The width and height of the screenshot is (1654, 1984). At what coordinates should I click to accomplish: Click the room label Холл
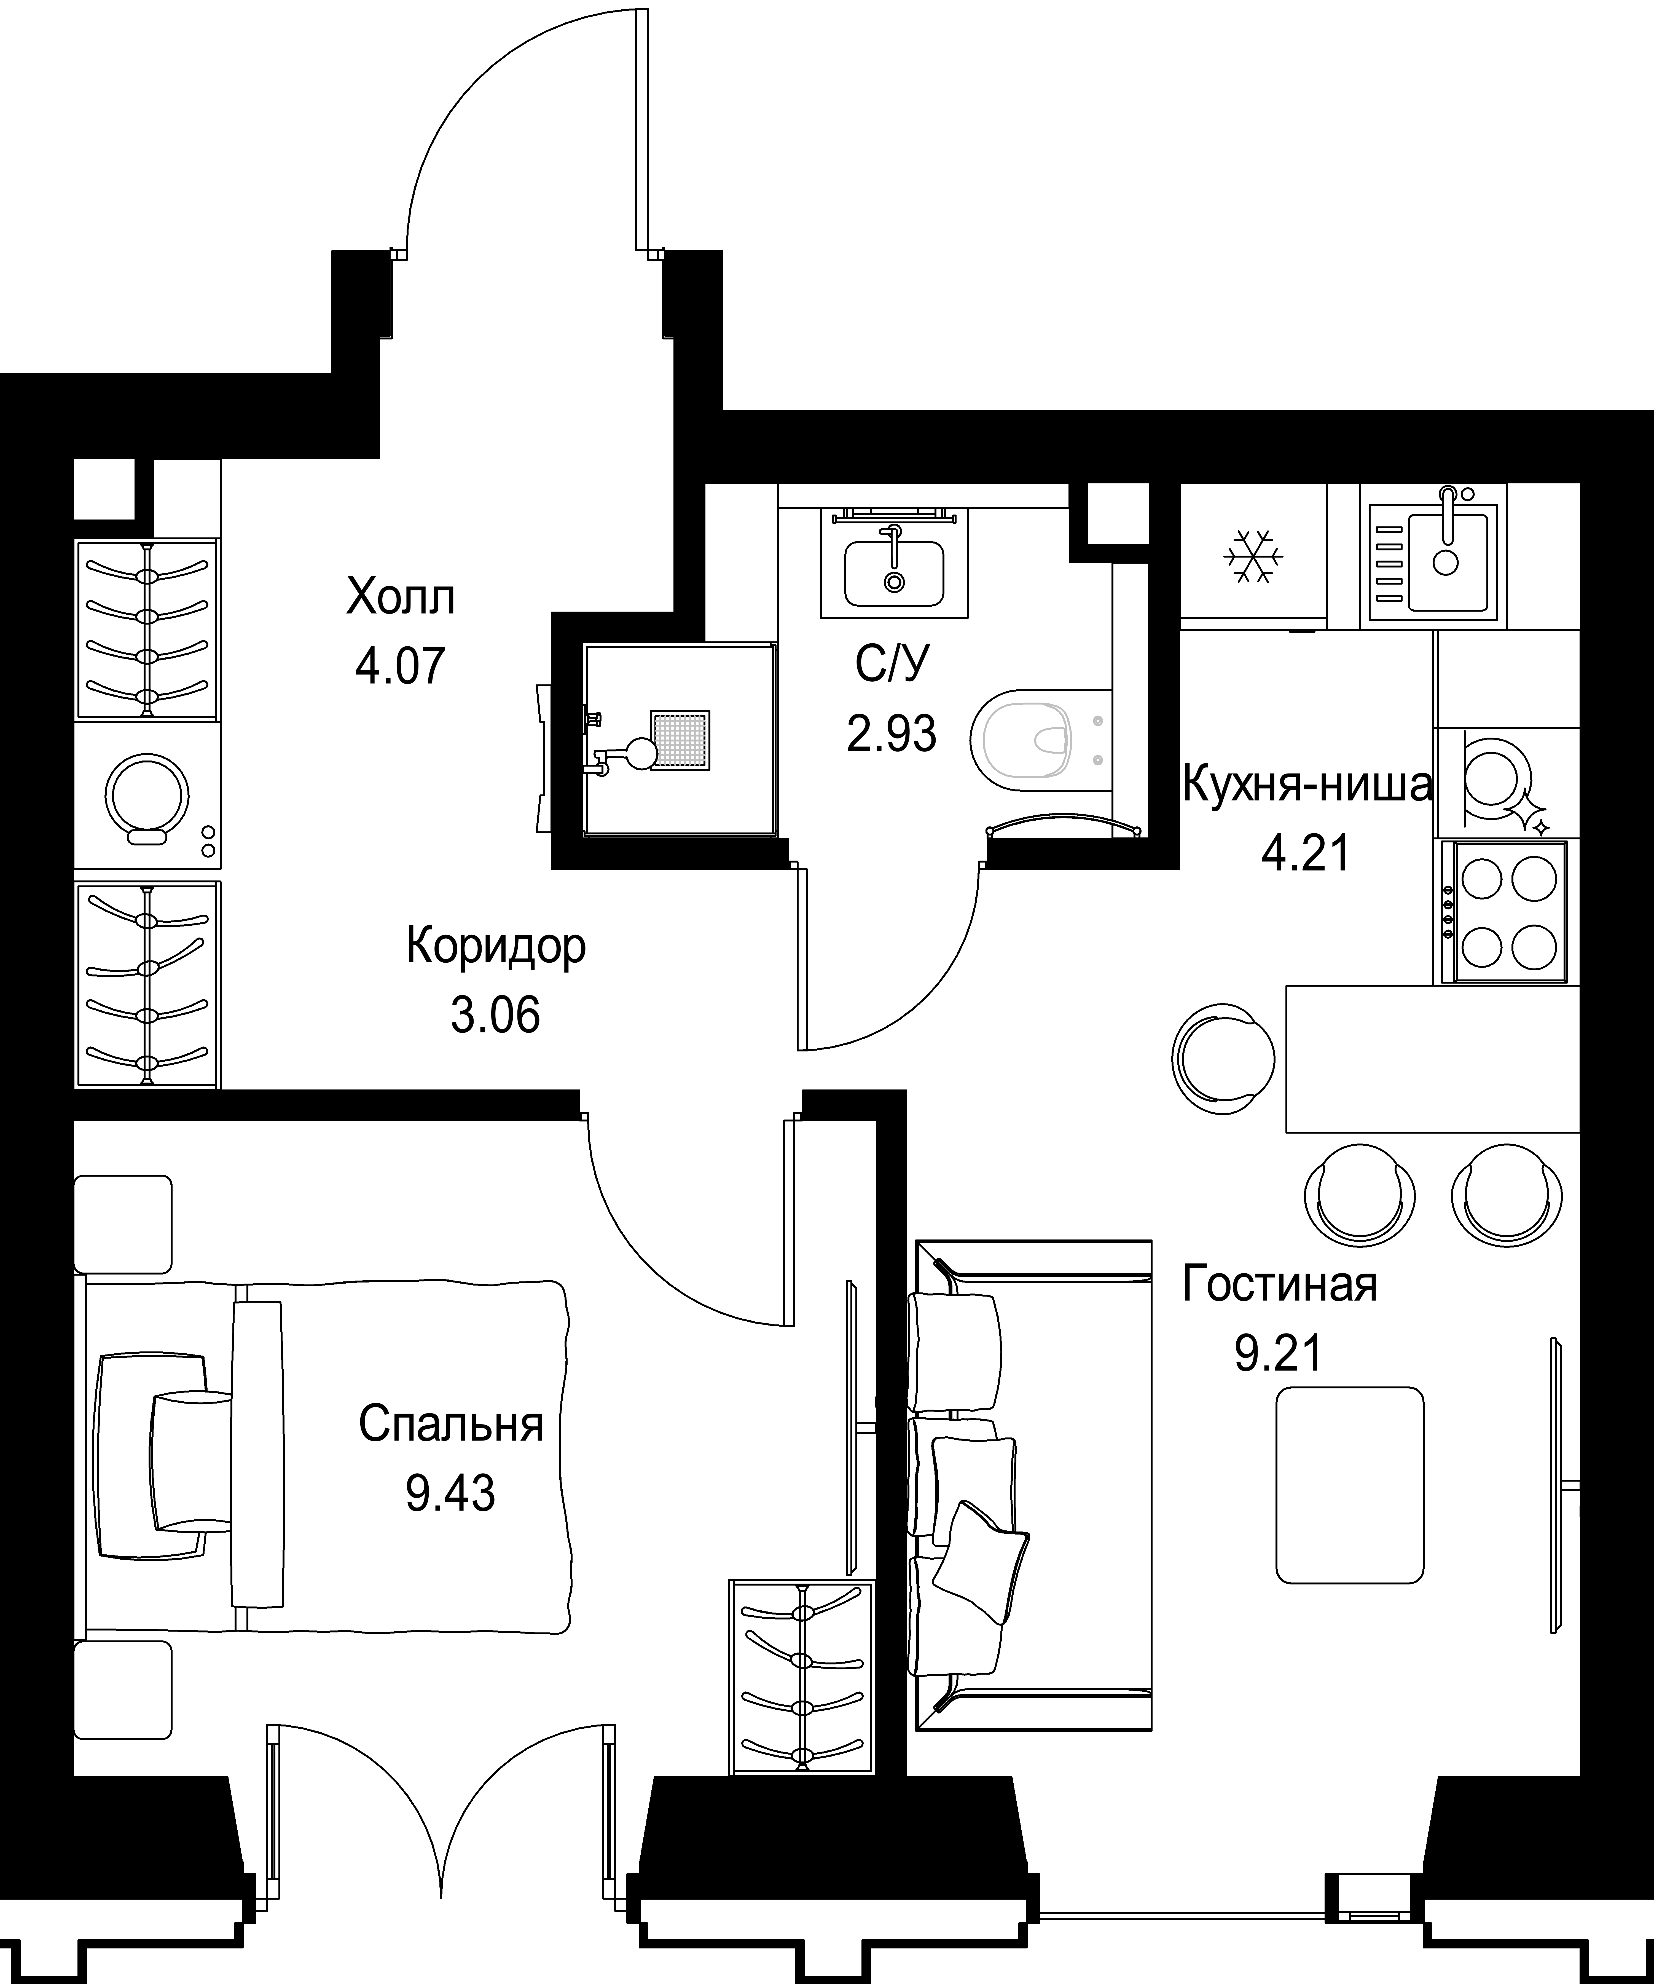[401, 598]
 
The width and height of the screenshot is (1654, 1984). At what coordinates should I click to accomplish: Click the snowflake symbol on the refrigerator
[1253, 556]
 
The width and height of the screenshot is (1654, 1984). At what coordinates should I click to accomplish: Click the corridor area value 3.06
[496, 1016]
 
